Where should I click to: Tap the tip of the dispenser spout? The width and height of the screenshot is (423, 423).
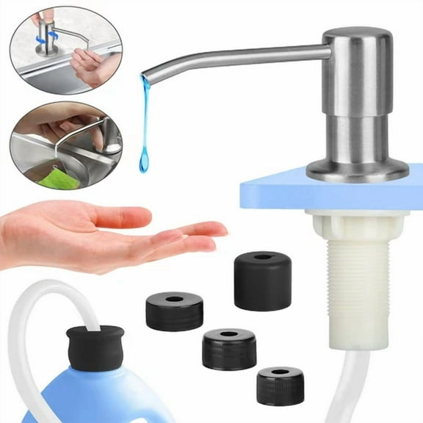coord(146,73)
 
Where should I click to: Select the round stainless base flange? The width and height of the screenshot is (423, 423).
coord(357,170)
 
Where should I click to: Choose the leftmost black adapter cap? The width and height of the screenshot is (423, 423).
coord(174,311)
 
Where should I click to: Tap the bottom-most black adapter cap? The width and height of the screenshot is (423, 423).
coord(281,385)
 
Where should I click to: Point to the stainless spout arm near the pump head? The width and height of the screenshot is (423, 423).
coord(294,54)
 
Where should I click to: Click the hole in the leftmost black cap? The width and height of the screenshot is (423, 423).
coord(174,299)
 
